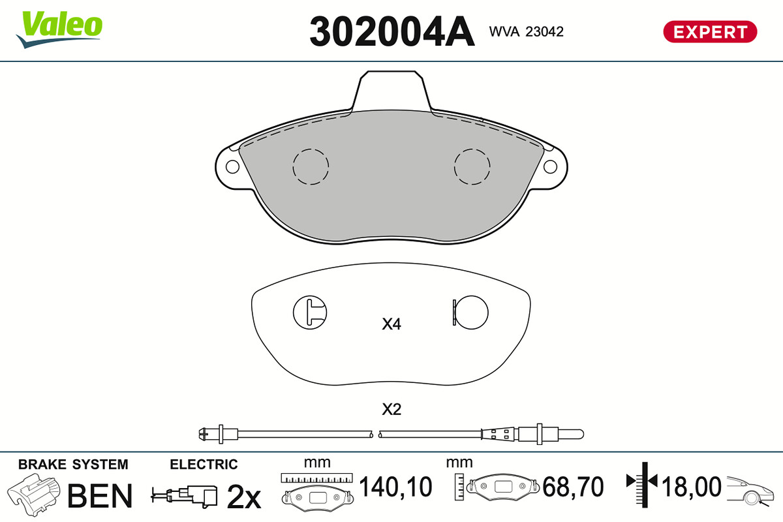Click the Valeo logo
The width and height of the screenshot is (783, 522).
pyautogui.click(x=59, y=29)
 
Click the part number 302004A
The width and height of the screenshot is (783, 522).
pyautogui.click(x=392, y=31)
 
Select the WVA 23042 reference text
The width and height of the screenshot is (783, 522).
pyautogui.click(x=526, y=32)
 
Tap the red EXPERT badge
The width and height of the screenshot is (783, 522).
pyautogui.click(x=711, y=32)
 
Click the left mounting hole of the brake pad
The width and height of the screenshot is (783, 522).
pyautogui.click(x=232, y=167)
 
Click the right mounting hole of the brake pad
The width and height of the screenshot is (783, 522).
pyautogui.click(x=550, y=167)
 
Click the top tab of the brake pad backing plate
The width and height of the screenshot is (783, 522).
pyautogui.click(x=391, y=91)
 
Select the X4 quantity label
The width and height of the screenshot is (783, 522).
pyautogui.click(x=391, y=324)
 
